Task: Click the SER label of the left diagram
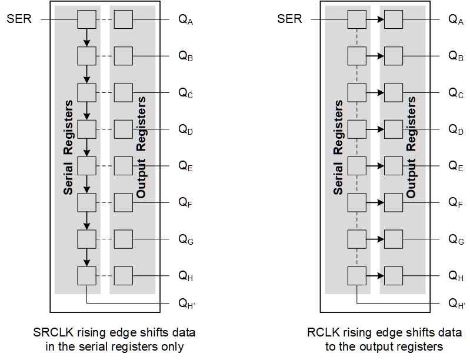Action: pyautogui.click(x=20, y=19)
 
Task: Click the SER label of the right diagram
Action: pyautogui.click(x=289, y=19)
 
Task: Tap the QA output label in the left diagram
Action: pyautogui.click(x=186, y=20)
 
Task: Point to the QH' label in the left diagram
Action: pyautogui.click(x=186, y=304)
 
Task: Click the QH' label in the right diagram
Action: pyautogui.click(x=456, y=304)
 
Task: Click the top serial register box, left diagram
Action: pyautogui.click(x=86, y=20)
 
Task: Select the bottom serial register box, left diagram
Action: pyautogui.click(x=86, y=275)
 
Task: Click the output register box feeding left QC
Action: pyautogui.click(x=123, y=93)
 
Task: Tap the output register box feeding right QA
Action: pyautogui.click(x=394, y=20)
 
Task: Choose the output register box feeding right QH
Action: pyautogui.click(x=394, y=275)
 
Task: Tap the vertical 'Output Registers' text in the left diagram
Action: pyautogui.click(x=141, y=147)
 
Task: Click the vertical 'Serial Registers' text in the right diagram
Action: pyautogui.click(x=338, y=147)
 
